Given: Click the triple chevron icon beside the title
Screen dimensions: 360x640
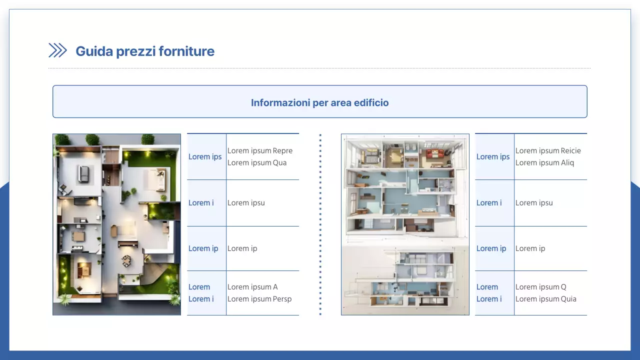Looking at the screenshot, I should (57, 50).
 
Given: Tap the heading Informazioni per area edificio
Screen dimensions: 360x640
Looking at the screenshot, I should (319, 102).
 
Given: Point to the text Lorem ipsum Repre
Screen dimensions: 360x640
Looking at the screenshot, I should (260, 150).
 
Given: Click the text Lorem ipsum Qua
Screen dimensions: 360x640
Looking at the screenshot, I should (257, 162).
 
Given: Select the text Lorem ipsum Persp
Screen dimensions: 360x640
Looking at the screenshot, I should (259, 299).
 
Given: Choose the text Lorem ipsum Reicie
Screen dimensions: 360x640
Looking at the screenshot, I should (548, 150).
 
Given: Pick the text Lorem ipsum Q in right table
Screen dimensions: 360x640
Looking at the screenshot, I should (541, 287).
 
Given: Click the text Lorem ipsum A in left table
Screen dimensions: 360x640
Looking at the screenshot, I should (252, 287).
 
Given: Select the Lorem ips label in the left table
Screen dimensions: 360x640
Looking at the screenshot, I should (205, 156).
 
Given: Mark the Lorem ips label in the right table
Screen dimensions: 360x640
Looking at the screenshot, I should (493, 156).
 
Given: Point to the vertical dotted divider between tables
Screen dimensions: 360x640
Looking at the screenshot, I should (320, 224).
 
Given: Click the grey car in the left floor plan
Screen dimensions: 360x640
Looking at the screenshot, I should (83, 173).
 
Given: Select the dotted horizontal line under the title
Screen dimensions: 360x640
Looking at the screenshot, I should (319, 68).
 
